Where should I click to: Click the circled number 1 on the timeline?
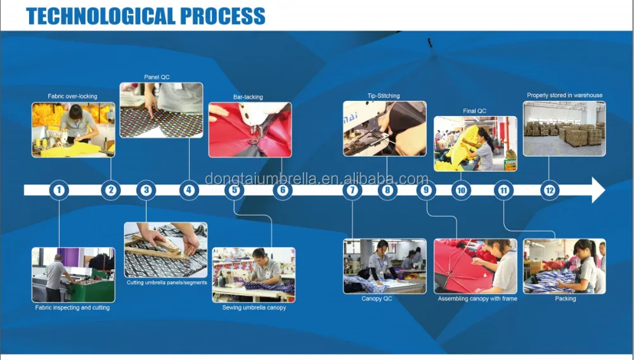(x=59, y=190)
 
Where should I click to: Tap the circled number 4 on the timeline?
(x=189, y=190)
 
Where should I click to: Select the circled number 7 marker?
(x=352, y=190)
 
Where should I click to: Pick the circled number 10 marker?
(x=461, y=190)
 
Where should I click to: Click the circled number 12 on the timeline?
(x=550, y=190)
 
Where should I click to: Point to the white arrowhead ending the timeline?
(x=598, y=190)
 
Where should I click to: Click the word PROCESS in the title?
(x=223, y=16)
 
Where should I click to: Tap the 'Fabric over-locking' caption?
(x=72, y=96)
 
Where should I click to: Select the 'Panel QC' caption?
(x=157, y=77)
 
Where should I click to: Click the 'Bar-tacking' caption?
(x=248, y=97)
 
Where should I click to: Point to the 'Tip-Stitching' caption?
(x=384, y=96)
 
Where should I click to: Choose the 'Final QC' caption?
(x=475, y=111)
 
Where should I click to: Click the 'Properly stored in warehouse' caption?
(x=564, y=95)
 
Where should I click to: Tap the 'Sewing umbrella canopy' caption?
(x=254, y=307)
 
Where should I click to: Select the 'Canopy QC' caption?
(x=377, y=299)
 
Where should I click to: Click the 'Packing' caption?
(x=566, y=299)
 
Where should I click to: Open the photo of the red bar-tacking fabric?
(x=250, y=130)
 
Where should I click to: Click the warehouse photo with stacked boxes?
(x=564, y=129)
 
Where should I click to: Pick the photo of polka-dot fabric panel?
(x=161, y=110)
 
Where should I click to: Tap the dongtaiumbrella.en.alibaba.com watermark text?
(x=316, y=179)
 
